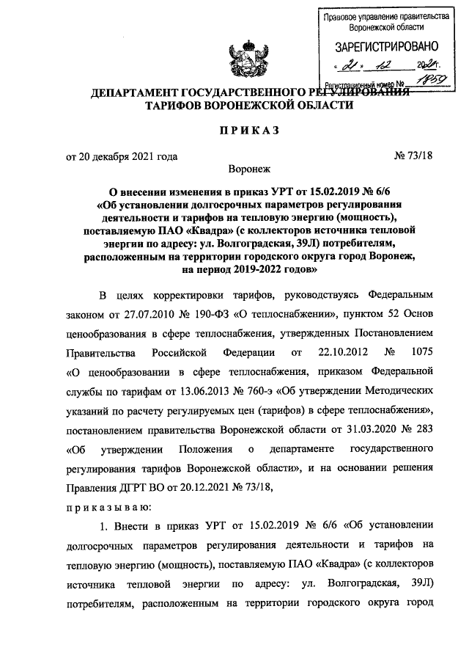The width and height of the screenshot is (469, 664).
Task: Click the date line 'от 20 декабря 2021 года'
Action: click(122, 156)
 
